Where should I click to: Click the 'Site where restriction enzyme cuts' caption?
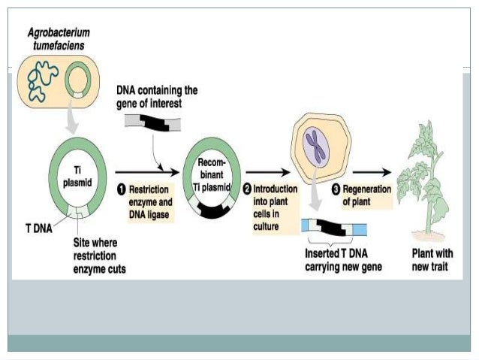99,255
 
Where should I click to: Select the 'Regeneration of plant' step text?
367,195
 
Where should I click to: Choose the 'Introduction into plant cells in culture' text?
274,206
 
